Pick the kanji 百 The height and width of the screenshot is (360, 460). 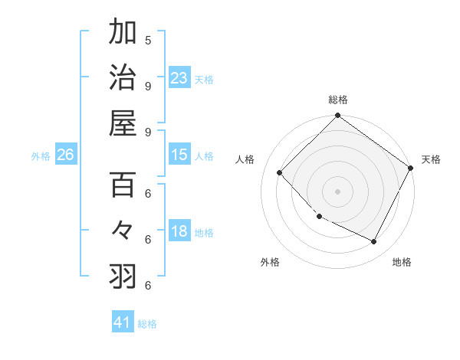tap(123, 185)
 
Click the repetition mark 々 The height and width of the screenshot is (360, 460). tap(123, 230)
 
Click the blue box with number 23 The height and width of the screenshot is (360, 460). tap(179, 77)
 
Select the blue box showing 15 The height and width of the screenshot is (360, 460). tap(179, 155)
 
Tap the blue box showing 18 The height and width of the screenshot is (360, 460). tap(179, 231)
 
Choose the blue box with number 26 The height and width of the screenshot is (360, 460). tap(65, 155)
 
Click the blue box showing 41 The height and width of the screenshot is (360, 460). tap(123, 322)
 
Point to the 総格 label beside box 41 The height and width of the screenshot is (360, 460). tap(147, 324)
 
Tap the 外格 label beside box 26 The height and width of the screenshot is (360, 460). tap(41, 156)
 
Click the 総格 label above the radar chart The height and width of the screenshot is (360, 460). tap(337, 100)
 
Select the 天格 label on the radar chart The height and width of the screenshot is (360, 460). tap(431, 159)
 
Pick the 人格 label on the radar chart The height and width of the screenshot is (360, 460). tap(245, 159)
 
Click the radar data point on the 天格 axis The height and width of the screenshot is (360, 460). tap(411, 168)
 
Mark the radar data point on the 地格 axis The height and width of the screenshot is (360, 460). tap(374, 242)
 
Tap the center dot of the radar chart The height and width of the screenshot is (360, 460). tap(337, 191)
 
